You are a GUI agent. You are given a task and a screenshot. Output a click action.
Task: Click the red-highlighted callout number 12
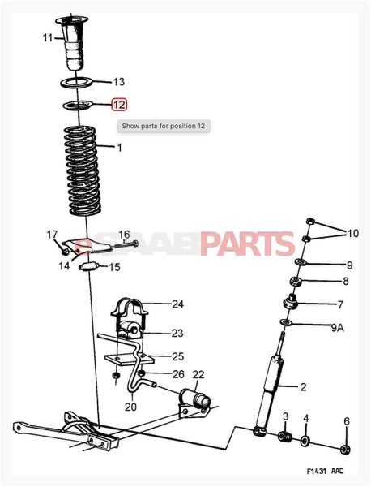tap(119, 105)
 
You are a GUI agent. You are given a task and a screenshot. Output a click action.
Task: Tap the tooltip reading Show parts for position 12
tap(164, 126)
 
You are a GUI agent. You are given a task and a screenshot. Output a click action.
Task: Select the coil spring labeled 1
tap(82, 170)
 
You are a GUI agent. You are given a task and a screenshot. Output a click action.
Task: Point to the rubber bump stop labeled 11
tap(73, 43)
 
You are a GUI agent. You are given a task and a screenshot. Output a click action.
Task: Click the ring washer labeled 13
tap(76, 83)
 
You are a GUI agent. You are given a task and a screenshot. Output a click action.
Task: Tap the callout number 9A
tap(337, 327)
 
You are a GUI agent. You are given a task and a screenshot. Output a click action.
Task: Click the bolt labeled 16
tap(126, 244)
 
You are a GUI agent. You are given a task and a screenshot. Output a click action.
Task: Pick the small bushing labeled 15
tap(89, 267)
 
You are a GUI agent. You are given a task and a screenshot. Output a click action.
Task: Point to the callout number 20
tap(130, 407)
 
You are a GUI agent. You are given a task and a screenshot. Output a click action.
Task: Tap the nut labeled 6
tap(345, 449)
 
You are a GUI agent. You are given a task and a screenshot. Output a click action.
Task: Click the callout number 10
tap(352, 233)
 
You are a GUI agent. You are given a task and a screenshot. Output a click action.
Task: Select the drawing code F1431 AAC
tap(325, 471)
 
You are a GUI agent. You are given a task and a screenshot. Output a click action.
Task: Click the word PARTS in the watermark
tap(247, 243)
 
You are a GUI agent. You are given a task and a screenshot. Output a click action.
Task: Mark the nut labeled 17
tap(65, 251)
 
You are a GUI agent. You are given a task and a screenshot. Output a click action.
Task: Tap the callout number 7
tap(340, 304)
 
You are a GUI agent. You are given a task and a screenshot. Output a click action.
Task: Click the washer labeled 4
tap(305, 441)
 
